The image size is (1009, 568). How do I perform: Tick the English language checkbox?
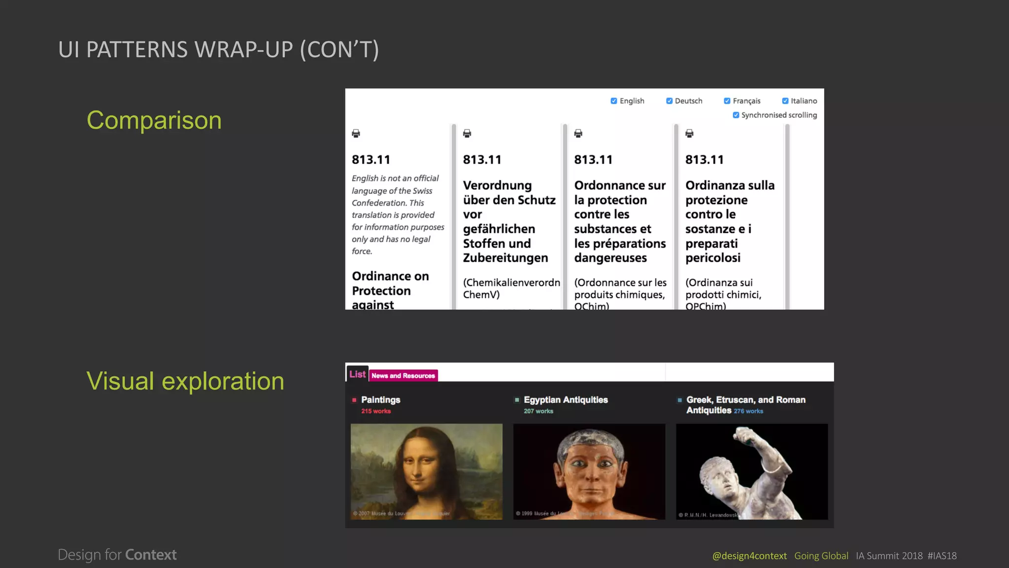tap(614, 101)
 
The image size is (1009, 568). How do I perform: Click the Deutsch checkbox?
tap(669, 101)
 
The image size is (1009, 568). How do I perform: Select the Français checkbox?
tap(727, 101)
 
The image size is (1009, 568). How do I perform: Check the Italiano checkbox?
tap(785, 101)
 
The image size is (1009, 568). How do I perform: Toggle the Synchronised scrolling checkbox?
tap(736, 115)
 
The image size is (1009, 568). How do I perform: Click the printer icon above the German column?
tap(467, 134)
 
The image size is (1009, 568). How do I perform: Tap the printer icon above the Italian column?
tap(689, 134)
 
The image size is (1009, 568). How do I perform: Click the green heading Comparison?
tap(154, 120)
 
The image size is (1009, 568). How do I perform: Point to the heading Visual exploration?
tap(185, 381)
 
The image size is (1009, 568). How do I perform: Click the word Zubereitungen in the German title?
tap(505, 258)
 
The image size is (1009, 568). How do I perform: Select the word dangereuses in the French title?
tap(610, 258)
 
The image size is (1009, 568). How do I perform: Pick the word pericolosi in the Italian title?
tap(712, 258)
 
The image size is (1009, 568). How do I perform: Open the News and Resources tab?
tap(403, 376)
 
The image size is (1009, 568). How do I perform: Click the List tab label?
tap(357, 374)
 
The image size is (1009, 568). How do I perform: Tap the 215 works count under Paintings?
tap(376, 411)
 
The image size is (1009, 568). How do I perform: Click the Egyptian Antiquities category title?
tap(566, 400)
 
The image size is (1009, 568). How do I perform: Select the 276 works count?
tap(748, 411)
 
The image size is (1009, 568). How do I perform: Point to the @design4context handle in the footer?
tap(749, 556)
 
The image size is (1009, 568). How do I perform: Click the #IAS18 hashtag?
tap(942, 556)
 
